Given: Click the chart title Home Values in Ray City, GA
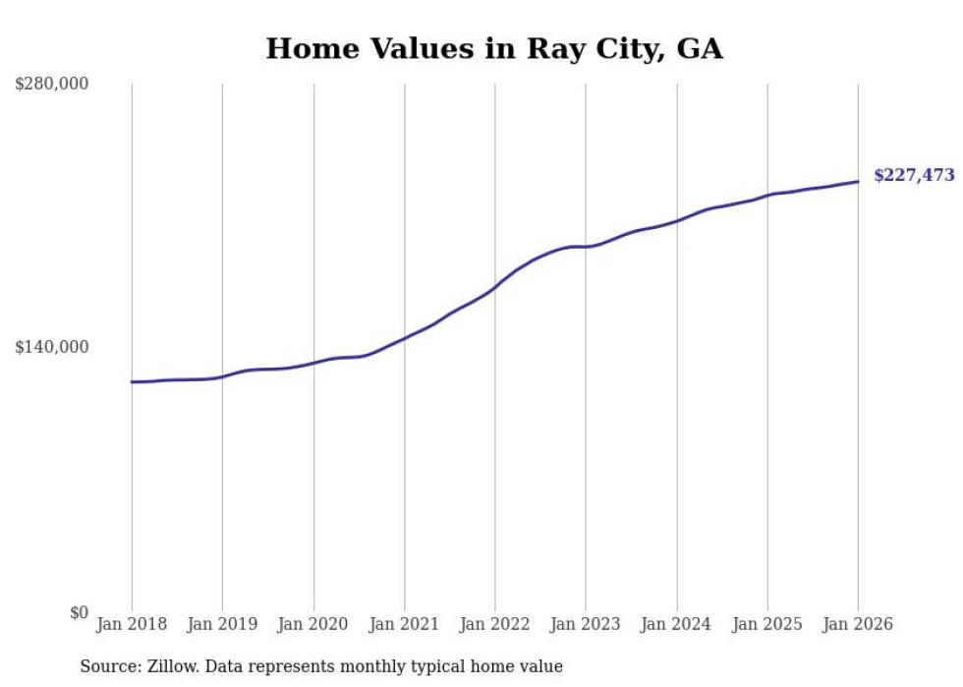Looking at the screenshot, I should (494, 48).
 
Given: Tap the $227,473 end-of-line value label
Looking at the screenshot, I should (914, 176).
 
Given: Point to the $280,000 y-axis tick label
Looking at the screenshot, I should (52, 84).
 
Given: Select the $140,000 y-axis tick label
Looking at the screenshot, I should (52, 347).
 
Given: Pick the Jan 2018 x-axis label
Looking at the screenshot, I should (132, 624).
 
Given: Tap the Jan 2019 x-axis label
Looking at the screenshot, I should (222, 624).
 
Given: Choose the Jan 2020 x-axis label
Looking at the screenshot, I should (313, 624).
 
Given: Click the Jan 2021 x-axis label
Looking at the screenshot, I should (404, 624).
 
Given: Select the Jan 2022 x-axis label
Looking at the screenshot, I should (495, 624).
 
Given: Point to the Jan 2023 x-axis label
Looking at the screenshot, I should (586, 624).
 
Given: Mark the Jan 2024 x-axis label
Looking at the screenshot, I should (676, 624).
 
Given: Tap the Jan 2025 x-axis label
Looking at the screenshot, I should (767, 624).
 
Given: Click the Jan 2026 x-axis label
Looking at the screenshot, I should (858, 624).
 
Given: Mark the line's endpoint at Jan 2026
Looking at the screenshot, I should (858, 181).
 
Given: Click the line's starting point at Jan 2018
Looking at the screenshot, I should (132, 381).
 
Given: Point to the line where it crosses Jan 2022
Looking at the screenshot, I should (495, 286).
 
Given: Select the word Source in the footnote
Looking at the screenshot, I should (106, 666).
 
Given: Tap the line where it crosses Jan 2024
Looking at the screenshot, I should (676, 221).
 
